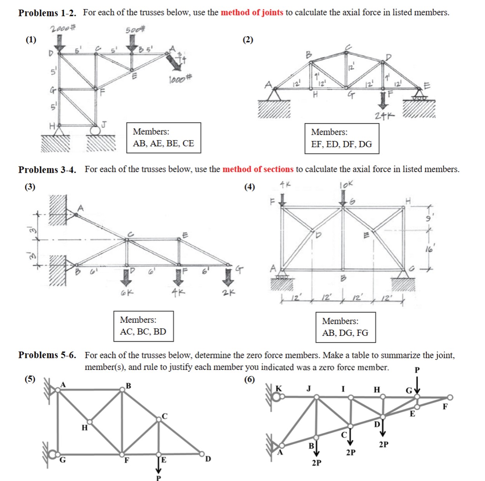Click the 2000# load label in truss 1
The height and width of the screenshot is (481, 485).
click(63, 28)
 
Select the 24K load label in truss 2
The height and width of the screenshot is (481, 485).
click(384, 115)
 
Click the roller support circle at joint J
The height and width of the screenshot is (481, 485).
click(94, 130)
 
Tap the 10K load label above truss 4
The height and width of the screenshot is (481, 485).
click(346, 185)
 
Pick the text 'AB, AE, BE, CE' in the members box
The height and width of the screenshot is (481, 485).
click(163, 143)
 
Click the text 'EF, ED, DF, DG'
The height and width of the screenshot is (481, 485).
click(341, 144)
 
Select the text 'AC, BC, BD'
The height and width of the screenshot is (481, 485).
click(143, 332)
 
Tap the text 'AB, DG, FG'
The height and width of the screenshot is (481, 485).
click(345, 333)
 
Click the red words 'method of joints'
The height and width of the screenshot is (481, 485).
click(252, 12)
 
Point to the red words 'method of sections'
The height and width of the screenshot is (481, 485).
click(258, 169)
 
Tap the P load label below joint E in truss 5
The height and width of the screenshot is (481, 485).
click(158, 478)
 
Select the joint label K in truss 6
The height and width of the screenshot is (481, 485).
click(278, 388)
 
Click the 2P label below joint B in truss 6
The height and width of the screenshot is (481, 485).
click(316, 463)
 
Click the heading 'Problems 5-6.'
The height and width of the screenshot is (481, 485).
click(47, 355)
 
